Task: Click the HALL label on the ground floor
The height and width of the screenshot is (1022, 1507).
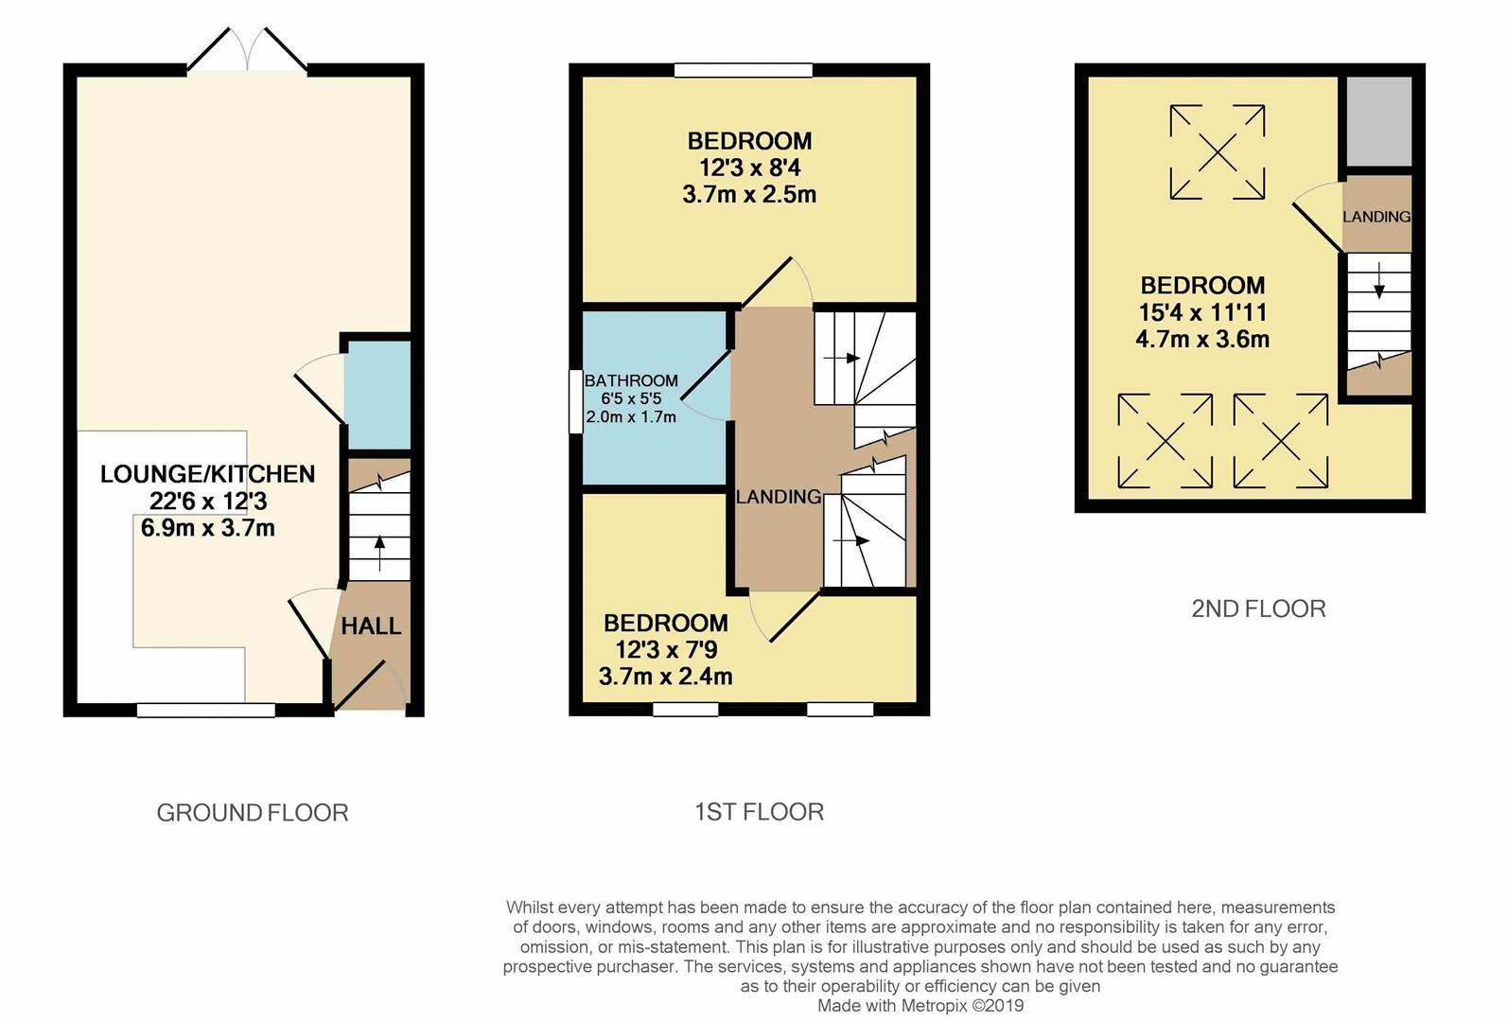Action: tap(371, 626)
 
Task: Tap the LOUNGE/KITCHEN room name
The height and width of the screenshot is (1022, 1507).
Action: tap(208, 474)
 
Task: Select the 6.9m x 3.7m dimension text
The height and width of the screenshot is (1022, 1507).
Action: tap(208, 528)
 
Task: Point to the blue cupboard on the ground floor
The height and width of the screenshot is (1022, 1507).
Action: tap(377, 395)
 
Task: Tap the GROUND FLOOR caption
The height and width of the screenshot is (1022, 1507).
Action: tap(253, 813)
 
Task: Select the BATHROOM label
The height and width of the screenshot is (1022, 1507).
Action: tap(631, 381)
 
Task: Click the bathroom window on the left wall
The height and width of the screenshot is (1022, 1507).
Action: tap(575, 401)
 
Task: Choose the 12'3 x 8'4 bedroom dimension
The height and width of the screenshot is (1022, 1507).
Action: tap(749, 168)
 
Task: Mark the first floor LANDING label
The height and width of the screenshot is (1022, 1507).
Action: tap(779, 497)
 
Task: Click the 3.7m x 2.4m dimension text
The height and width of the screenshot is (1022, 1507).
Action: tap(665, 677)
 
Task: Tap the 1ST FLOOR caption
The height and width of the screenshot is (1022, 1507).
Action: tap(759, 812)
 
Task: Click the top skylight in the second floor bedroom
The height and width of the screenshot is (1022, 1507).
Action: tap(1217, 151)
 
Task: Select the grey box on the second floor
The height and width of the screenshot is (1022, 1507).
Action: tap(1379, 122)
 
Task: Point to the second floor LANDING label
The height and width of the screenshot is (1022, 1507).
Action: tap(1376, 217)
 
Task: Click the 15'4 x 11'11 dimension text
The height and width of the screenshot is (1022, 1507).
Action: tap(1202, 312)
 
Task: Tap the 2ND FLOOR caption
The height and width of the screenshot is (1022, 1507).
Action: tap(1258, 608)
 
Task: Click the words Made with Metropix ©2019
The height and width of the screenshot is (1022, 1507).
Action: tap(920, 1006)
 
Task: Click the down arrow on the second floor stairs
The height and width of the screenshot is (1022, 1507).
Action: tap(1378, 281)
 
